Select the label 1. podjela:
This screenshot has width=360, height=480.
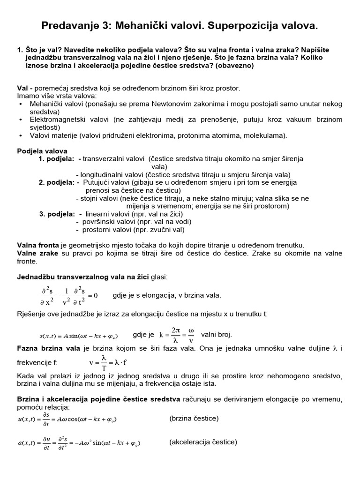point(56,158)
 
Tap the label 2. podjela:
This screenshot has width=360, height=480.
point(56,182)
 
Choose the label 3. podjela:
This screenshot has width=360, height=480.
point(57,214)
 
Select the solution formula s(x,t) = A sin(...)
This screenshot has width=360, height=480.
point(78,336)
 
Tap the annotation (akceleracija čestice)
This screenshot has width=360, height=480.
point(203,442)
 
